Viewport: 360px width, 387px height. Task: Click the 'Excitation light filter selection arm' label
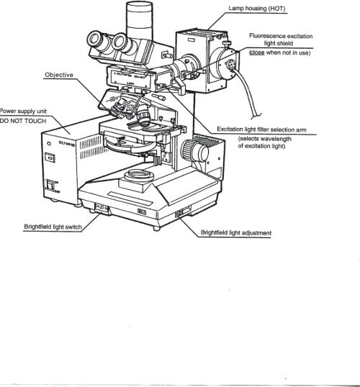click(264, 129)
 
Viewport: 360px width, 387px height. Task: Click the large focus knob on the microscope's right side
click(192, 150)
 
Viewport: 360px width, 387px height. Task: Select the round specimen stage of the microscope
click(137, 137)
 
